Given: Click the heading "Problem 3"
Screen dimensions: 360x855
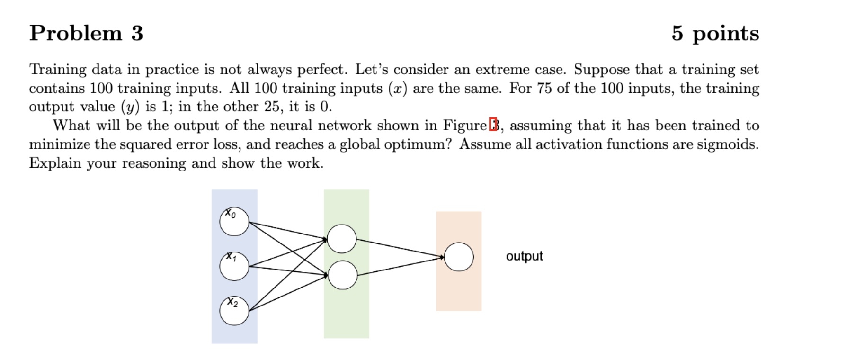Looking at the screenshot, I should pos(86,33).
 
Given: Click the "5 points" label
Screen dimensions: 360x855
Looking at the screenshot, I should pos(715,33).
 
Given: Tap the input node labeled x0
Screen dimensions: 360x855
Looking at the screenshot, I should pos(234,222).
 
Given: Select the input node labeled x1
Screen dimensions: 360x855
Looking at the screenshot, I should pos(234,266).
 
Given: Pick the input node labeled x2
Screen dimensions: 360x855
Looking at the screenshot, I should pos(234,311).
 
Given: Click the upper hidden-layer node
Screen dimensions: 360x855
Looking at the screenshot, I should pos(342,239).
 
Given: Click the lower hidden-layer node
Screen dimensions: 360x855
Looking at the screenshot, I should pos(342,275).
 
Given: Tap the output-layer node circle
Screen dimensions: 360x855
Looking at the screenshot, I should pos(459,257).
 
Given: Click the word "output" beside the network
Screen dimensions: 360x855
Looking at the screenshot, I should pos(524,256).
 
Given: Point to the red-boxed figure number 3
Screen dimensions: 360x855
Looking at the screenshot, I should pos(493,126).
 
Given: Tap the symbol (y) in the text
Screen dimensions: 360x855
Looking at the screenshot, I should pos(130,107).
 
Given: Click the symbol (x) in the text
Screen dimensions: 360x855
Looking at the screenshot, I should pos(397,89).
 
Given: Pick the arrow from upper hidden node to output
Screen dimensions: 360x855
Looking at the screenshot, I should pos(400,248).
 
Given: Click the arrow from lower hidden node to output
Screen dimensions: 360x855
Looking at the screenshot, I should pos(400,266).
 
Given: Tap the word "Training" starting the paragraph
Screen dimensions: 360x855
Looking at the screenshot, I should pos(58,70).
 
